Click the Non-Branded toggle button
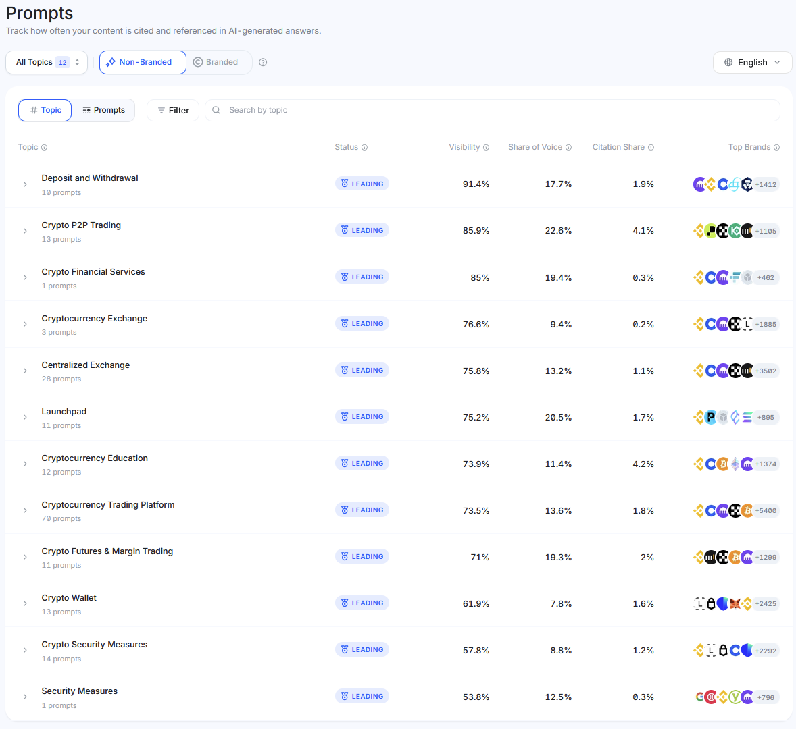point(143,62)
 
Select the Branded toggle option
point(216,62)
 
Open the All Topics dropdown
point(47,62)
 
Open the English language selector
point(752,62)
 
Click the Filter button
point(173,110)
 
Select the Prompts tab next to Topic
point(103,110)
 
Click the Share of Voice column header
point(535,147)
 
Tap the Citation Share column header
point(618,147)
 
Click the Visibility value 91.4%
point(476,184)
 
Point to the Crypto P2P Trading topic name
point(81,225)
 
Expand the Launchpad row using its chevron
point(25,417)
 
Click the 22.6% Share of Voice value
point(558,231)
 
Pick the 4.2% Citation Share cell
point(643,464)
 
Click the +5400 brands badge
point(766,511)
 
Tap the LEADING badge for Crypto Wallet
point(362,603)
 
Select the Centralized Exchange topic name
point(86,365)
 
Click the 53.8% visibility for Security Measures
point(476,697)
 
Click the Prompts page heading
point(39,13)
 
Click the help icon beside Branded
point(263,62)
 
